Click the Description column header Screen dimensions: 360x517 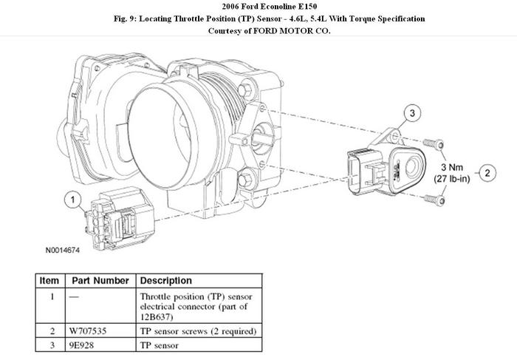pos(166,281)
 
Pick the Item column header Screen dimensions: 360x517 pos(49,281)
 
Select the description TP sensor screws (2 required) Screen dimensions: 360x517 pos(197,330)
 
